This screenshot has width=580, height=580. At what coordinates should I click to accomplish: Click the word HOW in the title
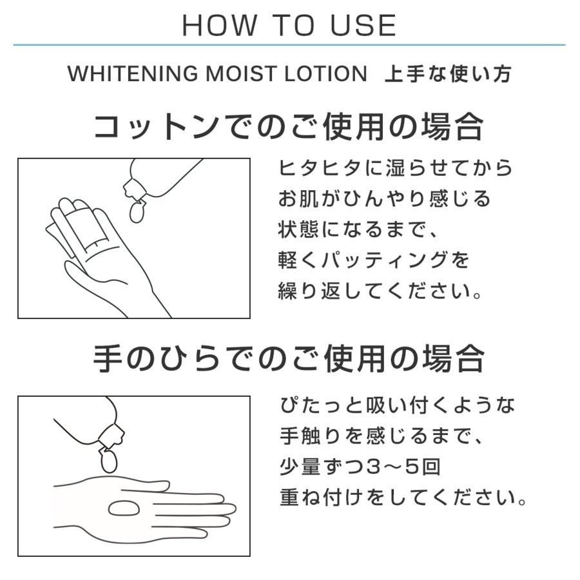click(219, 26)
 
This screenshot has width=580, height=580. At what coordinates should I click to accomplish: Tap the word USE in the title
click(363, 26)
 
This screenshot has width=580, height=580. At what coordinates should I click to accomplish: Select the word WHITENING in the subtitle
click(133, 73)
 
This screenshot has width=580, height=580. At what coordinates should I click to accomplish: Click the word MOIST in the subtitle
click(241, 73)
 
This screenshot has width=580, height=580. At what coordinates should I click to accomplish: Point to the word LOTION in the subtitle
click(325, 73)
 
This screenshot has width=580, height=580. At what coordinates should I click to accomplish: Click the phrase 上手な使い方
click(449, 73)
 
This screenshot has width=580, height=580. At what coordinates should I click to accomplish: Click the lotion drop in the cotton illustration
click(137, 211)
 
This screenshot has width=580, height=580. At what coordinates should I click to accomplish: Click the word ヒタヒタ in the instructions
click(320, 168)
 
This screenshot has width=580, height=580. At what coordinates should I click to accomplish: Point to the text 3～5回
click(403, 467)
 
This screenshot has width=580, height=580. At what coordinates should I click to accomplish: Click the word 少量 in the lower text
click(300, 467)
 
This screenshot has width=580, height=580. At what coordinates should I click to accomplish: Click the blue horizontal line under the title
click(289, 45)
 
